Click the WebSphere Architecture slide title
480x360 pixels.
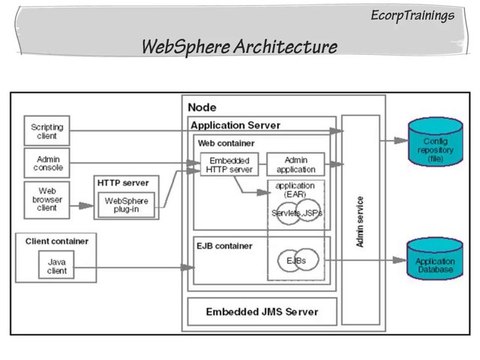pos(239,47)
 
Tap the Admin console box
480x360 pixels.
pos(47,163)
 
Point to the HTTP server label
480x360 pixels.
pos(122,182)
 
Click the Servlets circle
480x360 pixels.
pos(284,214)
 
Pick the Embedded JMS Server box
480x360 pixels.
pos(262,312)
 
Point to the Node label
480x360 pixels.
pos(202,107)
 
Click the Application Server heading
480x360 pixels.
pos(235,125)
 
